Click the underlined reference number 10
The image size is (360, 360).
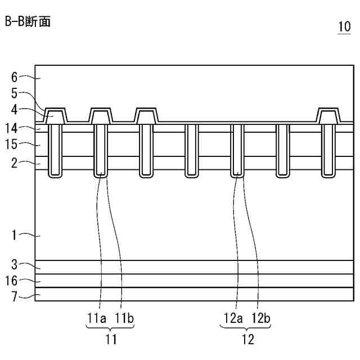coord(342,28)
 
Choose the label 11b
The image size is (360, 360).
coord(124,318)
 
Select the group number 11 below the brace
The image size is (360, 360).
coord(110,339)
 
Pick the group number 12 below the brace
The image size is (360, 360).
coord(246,339)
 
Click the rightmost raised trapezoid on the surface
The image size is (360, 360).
coord(327,117)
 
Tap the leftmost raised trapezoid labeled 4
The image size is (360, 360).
coord(55,117)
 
